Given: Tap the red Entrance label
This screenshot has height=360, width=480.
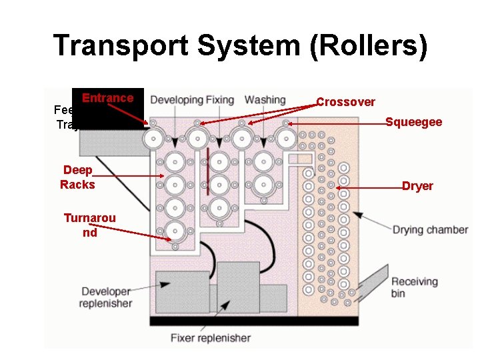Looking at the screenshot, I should click(107, 98).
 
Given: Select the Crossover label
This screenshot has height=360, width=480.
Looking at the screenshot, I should click(345, 102).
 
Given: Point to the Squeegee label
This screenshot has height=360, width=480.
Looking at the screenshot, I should click(413, 122).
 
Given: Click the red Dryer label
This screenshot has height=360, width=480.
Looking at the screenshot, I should click(417, 186).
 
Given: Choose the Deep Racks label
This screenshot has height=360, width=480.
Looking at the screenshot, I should click(77, 177).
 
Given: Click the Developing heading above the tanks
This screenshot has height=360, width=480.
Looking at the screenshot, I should click(176, 100).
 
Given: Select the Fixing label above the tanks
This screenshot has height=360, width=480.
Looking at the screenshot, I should click(219, 100).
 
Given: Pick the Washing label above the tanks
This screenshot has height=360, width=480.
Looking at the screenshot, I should click(265, 100).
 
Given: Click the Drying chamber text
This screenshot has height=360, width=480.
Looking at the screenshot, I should click(429, 230).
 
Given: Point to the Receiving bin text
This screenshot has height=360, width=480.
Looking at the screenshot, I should click(414, 287).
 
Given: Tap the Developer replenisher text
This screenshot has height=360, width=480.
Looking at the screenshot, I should click(106, 297).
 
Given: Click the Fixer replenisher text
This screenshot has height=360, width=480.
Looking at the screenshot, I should click(210, 338).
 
